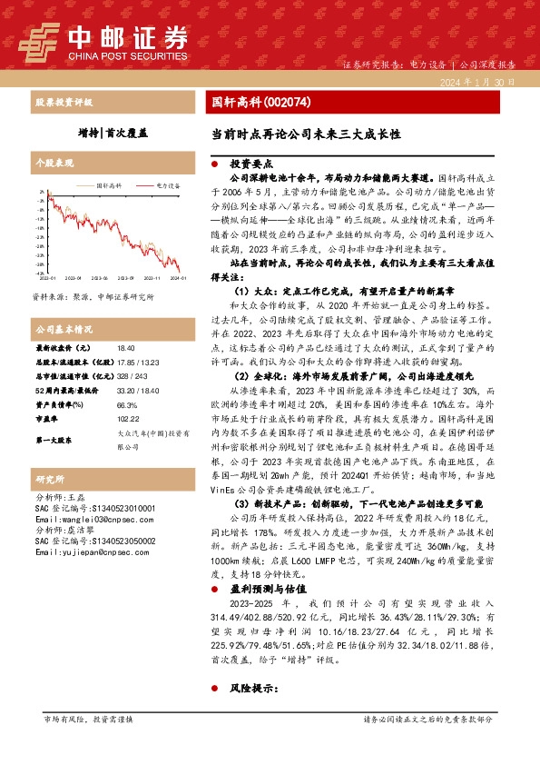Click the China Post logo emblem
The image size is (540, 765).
pos(42,39)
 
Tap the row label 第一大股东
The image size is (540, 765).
pos(54,440)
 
